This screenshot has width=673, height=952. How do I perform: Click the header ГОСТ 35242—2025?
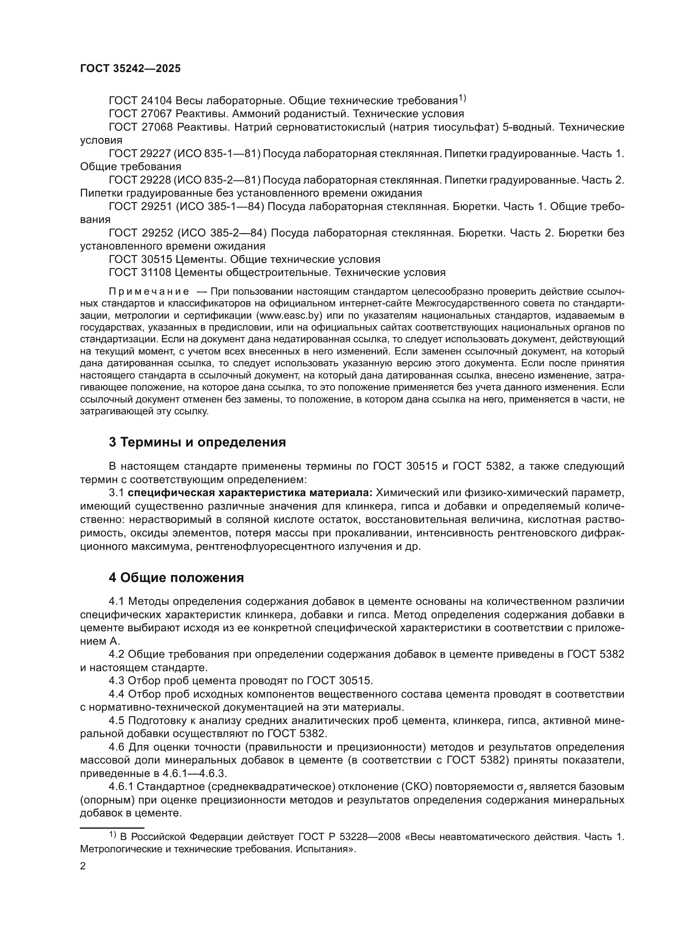(x=130, y=69)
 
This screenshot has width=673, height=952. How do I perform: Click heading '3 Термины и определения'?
(x=197, y=442)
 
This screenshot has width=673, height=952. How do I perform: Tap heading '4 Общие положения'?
(x=176, y=578)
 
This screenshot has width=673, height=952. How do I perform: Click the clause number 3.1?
(x=116, y=493)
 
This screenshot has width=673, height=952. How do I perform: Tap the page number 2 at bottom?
(x=83, y=866)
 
